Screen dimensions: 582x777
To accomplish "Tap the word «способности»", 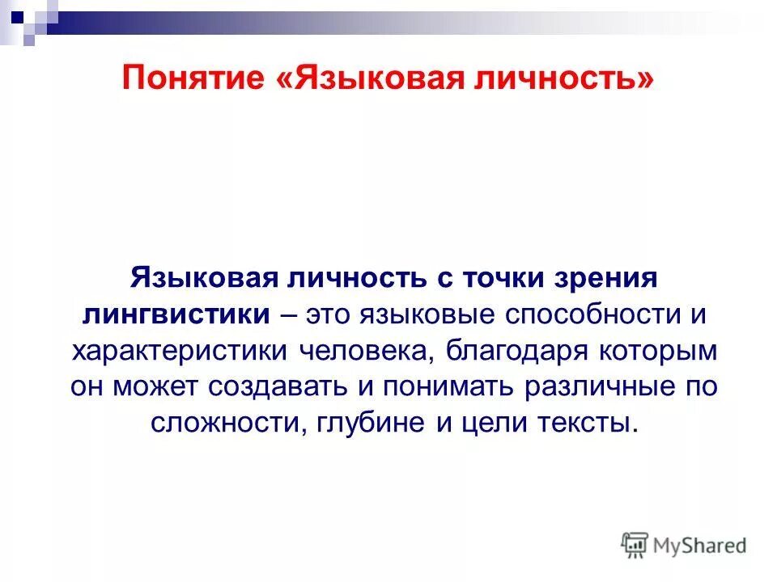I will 597,314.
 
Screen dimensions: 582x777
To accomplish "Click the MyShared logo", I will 685,546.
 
